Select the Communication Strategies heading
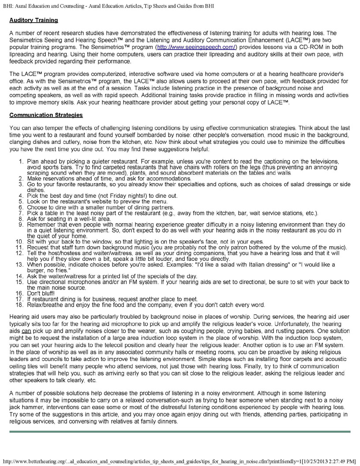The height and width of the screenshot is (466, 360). click(x=46, y=116)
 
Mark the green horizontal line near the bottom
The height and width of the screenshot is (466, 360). click(x=180, y=431)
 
